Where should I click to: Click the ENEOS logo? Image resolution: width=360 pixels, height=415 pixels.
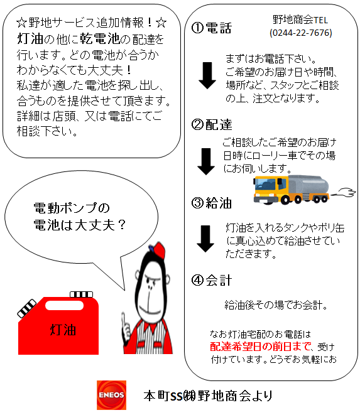click(111, 395)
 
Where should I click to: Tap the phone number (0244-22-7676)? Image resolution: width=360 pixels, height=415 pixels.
click(301, 33)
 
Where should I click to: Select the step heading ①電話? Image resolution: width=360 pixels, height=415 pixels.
click(211, 28)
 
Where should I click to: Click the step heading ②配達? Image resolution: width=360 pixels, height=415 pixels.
click(211, 125)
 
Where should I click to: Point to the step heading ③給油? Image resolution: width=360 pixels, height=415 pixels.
click(211, 203)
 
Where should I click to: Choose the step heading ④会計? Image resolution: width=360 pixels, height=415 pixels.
click(211, 280)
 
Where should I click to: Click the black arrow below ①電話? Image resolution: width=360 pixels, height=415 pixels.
click(207, 76)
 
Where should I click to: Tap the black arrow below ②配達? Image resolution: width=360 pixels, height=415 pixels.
click(206, 161)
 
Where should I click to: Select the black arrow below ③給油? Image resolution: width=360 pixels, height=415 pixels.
click(205, 239)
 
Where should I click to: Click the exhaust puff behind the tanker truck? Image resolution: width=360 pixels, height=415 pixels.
click(344, 192)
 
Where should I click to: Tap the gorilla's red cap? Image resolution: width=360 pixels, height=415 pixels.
click(158, 251)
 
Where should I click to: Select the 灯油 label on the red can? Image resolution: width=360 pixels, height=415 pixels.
click(63, 330)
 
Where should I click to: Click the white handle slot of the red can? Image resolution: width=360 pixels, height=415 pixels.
click(64, 305)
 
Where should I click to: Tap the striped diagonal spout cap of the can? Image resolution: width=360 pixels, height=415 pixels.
click(27, 308)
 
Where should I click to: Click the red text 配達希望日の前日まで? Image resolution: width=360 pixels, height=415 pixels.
click(260, 346)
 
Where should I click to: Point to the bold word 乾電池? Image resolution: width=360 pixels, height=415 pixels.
click(100, 39)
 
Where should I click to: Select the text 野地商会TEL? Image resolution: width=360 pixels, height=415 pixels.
click(300, 20)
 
